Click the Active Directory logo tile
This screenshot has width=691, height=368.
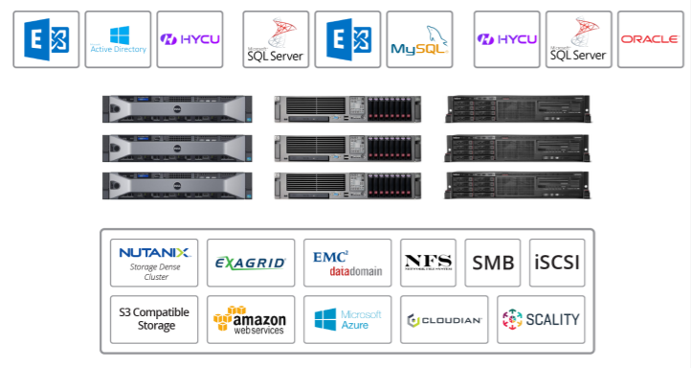click(x=118, y=39)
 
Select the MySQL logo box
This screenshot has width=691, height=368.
click(x=419, y=39)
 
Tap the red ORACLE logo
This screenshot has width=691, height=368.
click(x=650, y=39)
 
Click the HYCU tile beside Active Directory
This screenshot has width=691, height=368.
click(x=189, y=39)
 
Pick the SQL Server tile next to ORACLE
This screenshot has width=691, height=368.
click(x=578, y=39)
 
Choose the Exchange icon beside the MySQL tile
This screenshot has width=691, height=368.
click(x=347, y=39)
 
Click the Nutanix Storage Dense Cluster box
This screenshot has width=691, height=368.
click(x=154, y=263)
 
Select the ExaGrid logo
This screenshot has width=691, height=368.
click(x=251, y=263)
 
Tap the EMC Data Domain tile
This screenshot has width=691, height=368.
click(x=347, y=263)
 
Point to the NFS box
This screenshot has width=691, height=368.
click(x=428, y=263)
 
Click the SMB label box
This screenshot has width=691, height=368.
click(x=493, y=263)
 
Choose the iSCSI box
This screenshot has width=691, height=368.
click(x=557, y=263)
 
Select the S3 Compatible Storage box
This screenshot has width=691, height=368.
click(x=154, y=319)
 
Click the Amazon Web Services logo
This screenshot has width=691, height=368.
click(x=251, y=319)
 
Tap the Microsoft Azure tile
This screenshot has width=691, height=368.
click(x=347, y=319)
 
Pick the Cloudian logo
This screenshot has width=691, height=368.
click(x=444, y=319)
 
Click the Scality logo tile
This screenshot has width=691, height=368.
click(x=542, y=319)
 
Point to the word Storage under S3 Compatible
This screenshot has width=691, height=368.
click(x=155, y=326)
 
